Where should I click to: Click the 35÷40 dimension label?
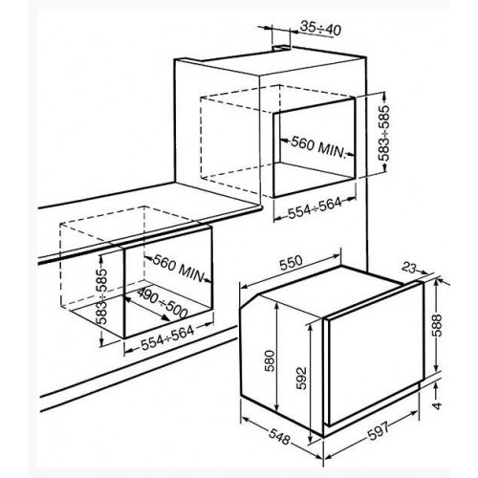coord(320,29)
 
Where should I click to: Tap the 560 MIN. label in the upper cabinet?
coord(318,147)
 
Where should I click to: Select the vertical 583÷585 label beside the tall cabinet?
coord(384,133)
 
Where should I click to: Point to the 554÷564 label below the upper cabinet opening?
coord(315,208)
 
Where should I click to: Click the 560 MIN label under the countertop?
coord(179,268)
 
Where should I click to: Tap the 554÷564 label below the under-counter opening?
coord(167,338)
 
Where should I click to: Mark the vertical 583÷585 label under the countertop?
coord(101,296)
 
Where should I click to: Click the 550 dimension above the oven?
coord(291,263)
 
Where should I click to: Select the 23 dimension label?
coord(409,268)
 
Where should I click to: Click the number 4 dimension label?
coord(438,405)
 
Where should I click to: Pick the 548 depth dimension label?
coord(279,436)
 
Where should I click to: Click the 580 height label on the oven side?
coord(270,360)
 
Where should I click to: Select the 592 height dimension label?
coord(301,379)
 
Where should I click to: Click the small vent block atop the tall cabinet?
coord(281,48)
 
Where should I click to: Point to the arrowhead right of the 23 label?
coord(424,272)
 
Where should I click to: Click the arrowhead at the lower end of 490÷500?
coord(166,317)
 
